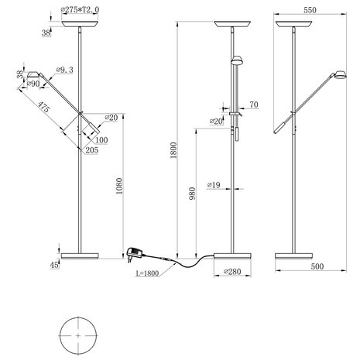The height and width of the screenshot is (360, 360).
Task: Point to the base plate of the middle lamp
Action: tap(235, 255)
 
